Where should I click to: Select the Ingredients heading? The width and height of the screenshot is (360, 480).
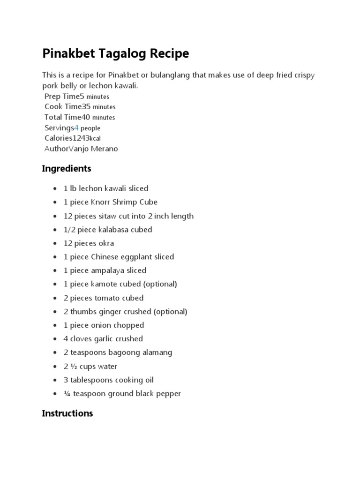tap(67, 168)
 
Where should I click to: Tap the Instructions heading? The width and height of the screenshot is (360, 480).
tap(67, 413)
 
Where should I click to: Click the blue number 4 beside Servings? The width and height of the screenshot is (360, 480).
tap(76, 128)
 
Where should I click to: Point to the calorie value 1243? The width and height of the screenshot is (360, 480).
tap(81, 138)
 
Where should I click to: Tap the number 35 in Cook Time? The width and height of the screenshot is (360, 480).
tap(86, 106)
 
